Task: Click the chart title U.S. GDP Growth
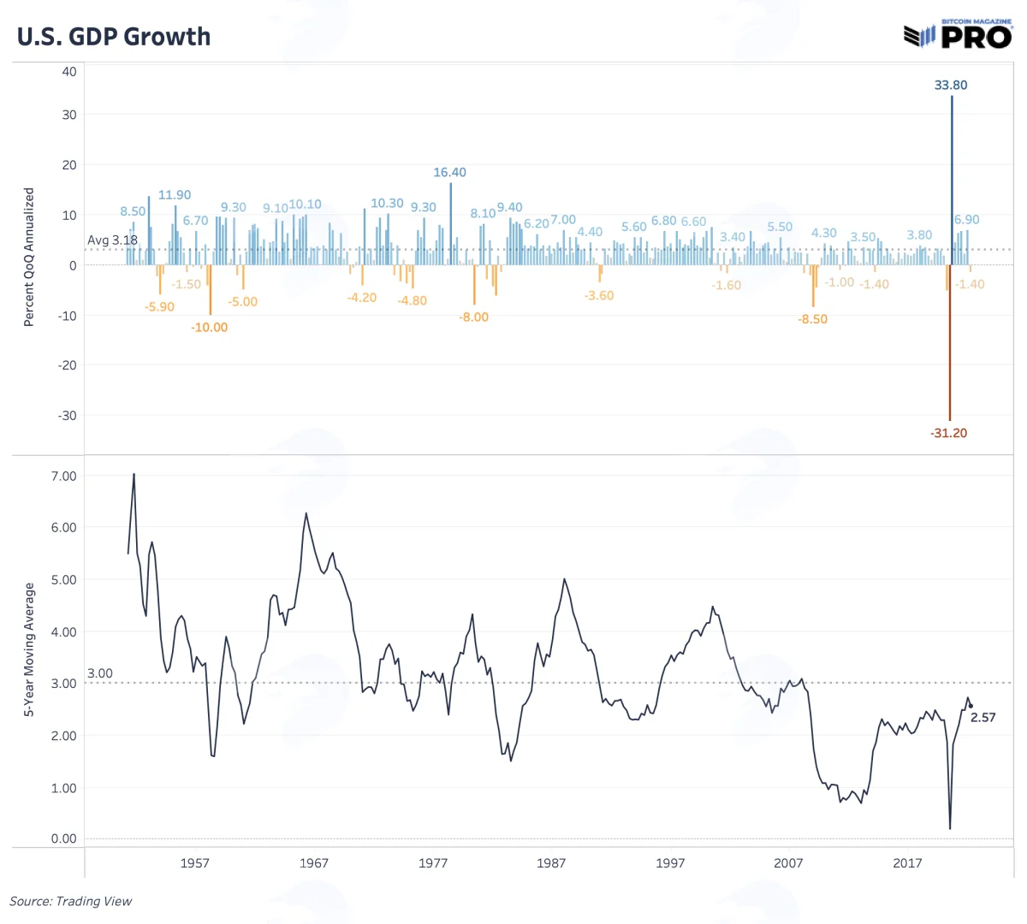pyautogui.click(x=114, y=37)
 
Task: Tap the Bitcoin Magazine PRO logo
pyautogui.click(x=958, y=33)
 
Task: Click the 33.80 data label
pyautogui.click(x=951, y=85)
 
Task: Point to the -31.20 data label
pyautogui.click(x=948, y=433)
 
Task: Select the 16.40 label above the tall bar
pyautogui.click(x=449, y=173)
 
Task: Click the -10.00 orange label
pyautogui.click(x=210, y=328)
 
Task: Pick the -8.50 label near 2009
pyautogui.click(x=812, y=319)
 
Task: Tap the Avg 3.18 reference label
pyautogui.click(x=113, y=240)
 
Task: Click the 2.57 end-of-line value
pyautogui.click(x=983, y=718)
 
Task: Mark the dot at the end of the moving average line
pyautogui.click(x=971, y=706)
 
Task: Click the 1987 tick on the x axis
pyautogui.click(x=551, y=863)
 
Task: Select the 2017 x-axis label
pyautogui.click(x=907, y=863)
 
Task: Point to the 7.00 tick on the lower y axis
pyautogui.click(x=64, y=476)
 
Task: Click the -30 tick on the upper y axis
pyautogui.click(x=67, y=415)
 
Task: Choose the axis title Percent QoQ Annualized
pyautogui.click(x=29, y=257)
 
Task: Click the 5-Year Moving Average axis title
pyautogui.click(x=29, y=649)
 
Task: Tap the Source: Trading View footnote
pyautogui.click(x=71, y=902)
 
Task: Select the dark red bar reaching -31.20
pyautogui.click(x=950, y=342)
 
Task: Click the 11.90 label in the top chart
pyautogui.click(x=175, y=195)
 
